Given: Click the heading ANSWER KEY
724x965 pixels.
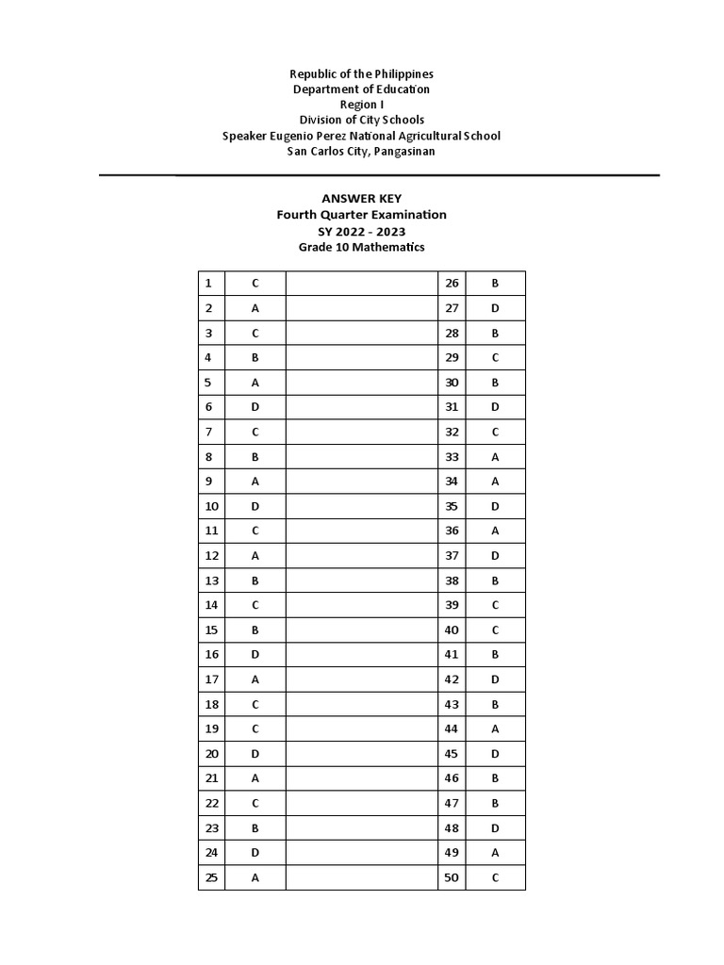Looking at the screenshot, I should (x=361, y=198).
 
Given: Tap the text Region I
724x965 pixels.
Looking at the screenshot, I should (x=361, y=104).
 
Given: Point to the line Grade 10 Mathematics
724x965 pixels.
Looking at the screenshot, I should (x=361, y=247).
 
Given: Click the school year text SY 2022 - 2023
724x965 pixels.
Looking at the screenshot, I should (x=361, y=231).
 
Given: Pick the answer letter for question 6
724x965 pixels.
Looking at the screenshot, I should (x=255, y=407).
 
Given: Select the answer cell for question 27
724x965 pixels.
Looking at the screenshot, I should (x=495, y=308).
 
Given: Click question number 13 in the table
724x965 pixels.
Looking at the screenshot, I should (x=210, y=581).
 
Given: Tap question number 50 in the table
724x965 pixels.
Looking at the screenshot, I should (x=452, y=877).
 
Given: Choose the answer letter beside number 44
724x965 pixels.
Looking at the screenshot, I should (x=495, y=728).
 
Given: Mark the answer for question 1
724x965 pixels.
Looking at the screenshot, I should (x=255, y=283).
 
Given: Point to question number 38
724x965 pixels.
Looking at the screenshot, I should (x=452, y=581).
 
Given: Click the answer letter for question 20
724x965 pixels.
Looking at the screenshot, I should (x=255, y=754).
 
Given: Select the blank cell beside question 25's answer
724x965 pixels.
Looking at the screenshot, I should (x=361, y=877).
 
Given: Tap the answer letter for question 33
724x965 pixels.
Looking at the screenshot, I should (x=495, y=456).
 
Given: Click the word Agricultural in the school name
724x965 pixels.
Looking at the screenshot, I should (x=422, y=136).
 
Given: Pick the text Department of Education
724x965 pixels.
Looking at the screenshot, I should (x=361, y=89).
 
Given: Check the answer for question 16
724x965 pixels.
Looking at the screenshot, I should (x=255, y=655).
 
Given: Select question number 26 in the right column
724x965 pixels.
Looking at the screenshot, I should (x=452, y=283).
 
